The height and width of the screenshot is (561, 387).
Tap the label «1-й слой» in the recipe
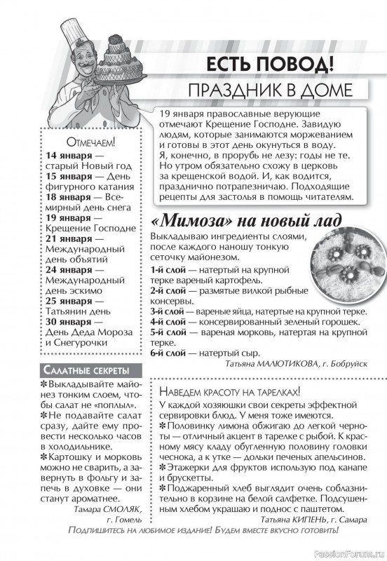[x=168, y=269]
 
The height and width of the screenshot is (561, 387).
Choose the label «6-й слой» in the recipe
[x=168, y=353]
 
